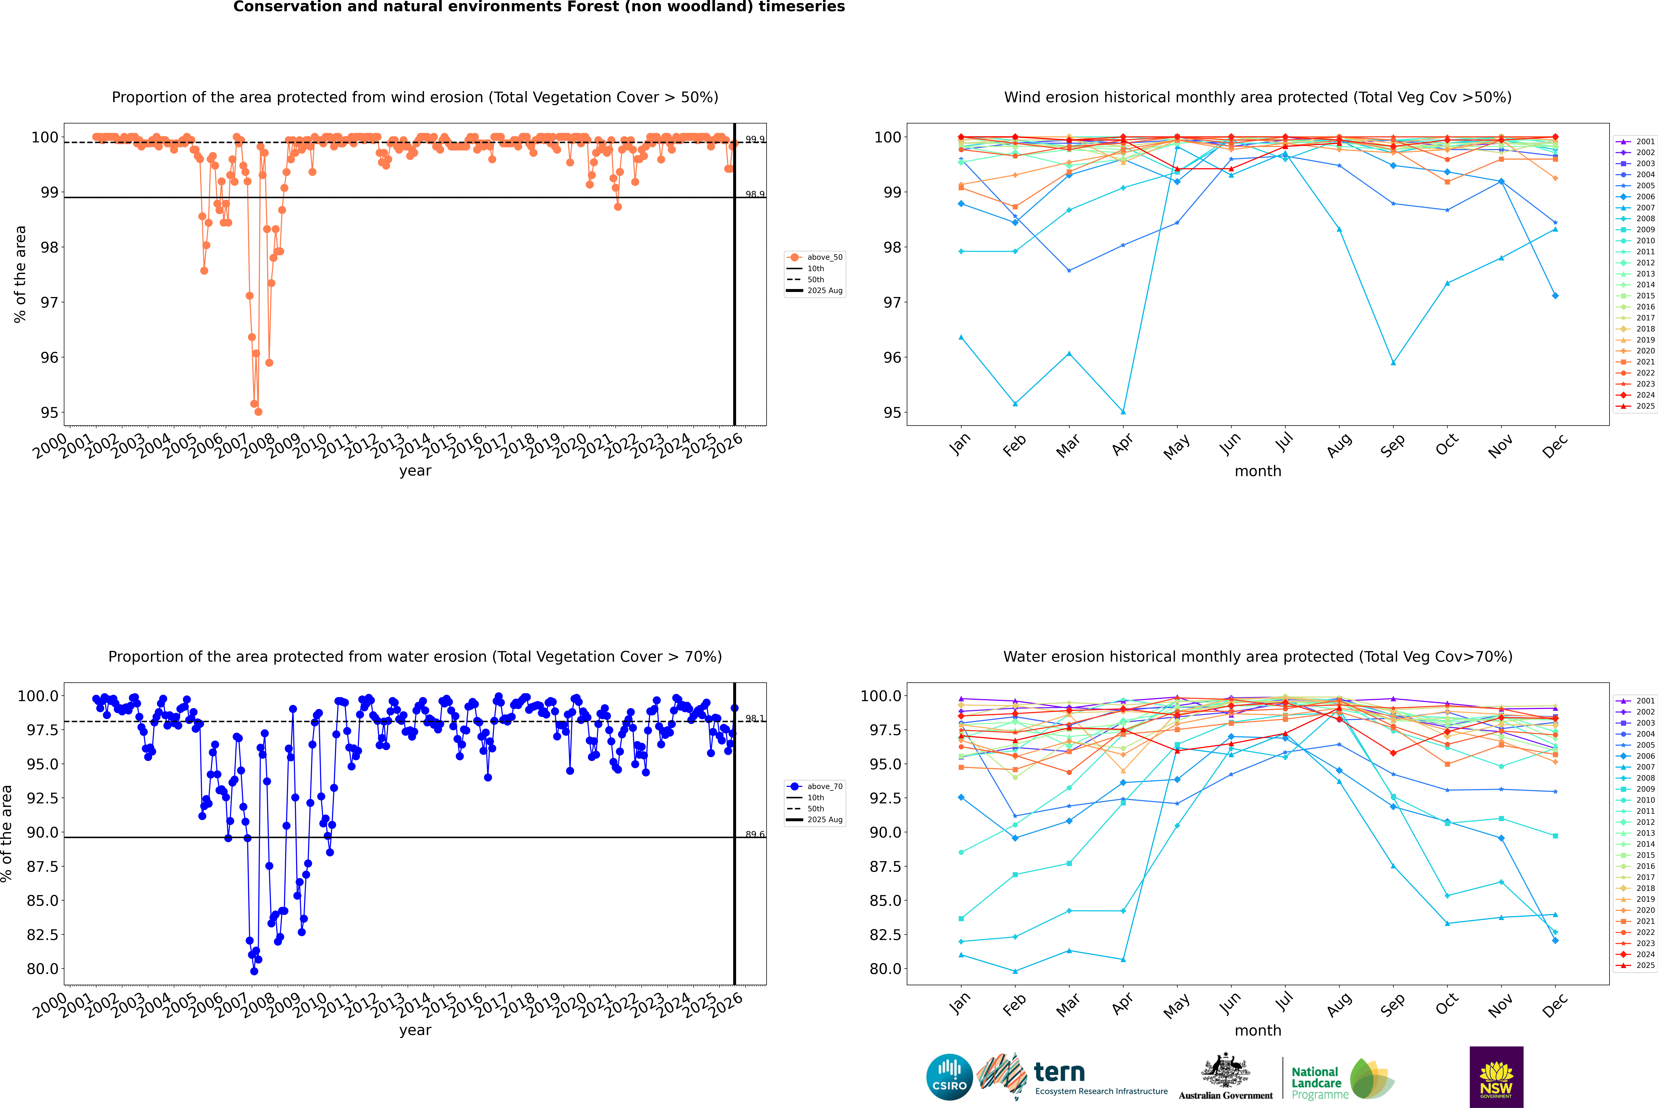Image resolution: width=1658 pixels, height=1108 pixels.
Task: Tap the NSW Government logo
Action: click(x=1496, y=1077)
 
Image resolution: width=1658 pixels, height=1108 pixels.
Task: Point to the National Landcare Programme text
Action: click(x=1316, y=1083)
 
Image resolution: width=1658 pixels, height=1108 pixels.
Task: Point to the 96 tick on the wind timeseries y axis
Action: click(x=49, y=358)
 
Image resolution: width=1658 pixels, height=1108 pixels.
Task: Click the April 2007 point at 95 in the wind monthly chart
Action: click(x=1123, y=412)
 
